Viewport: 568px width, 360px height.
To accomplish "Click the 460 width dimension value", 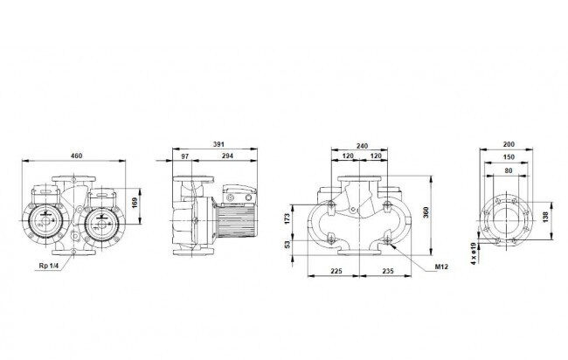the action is pyautogui.click(x=76, y=156).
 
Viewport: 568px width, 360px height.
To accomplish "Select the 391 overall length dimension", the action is pyautogui.click(x=218, y=144).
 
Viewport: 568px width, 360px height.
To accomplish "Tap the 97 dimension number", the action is pyautogui.click(x=185, y=156).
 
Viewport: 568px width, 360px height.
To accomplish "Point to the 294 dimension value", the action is pyautogui.click(x=227, y=156).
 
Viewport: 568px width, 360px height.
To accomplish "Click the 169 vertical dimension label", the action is pyautogui.click(x=135, y=204).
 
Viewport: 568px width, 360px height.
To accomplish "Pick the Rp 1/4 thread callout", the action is pyautogui.click(x=49, y=266).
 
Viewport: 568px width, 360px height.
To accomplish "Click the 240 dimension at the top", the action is pyautogui.click(x=362, y=146).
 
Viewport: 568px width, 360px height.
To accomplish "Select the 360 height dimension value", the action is pyautogui.click(x=426, y=212).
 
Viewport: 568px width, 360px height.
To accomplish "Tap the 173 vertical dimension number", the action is pyautogui.click(x=287, y=218).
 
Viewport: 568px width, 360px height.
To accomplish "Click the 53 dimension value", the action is pyautogui.click(x=287, y=245).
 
